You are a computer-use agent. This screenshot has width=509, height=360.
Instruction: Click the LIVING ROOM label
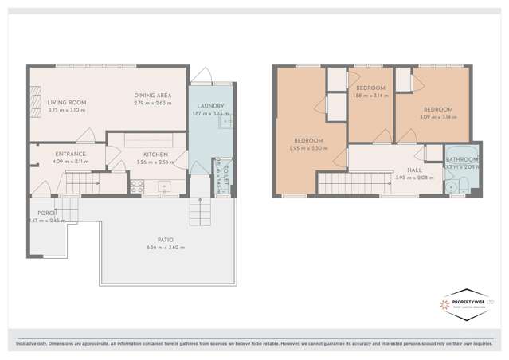pyautogui.click(x=67, y=103)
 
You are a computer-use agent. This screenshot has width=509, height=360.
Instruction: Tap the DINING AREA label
pyautogui.click(x=154, y=95)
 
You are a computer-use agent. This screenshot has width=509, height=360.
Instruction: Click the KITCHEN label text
pyautogui.click(x=155, y=155)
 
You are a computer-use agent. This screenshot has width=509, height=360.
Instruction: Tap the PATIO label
pyautogui.click(x=165, y=240)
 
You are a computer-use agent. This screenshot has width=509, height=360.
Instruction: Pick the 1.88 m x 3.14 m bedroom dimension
pyautogui.click(x=370, y=95)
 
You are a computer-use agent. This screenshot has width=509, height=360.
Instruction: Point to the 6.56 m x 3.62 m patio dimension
pyautogui.click(x=165, y=248)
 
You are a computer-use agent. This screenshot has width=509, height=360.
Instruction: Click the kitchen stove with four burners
pyautogui.click(x=136, y=187)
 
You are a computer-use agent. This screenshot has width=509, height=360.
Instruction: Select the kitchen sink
pyautogui.click(x=166, y=187)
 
